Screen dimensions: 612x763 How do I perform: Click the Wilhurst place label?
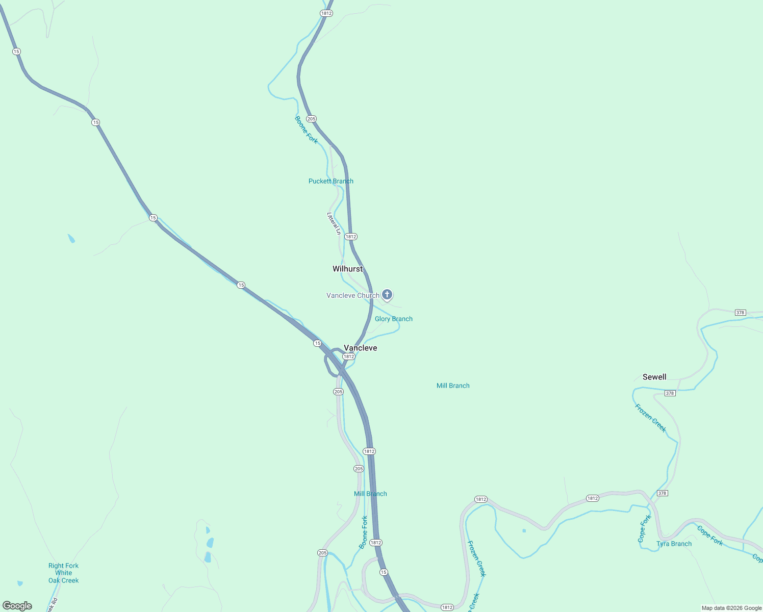point(347,269)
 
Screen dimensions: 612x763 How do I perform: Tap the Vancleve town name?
point(360,348)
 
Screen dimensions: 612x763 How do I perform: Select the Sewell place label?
point(654,377)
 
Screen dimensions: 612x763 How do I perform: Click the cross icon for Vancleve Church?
point(387,294)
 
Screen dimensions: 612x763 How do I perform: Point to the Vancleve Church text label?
point(352,295)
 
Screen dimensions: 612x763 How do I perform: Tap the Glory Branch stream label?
point(393,319)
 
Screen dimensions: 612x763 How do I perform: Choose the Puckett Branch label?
point(330,181)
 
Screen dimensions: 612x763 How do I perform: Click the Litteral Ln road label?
point(334,223)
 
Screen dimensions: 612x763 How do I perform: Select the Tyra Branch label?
point(674,544)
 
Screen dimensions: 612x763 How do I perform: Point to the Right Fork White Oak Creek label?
point(63,573)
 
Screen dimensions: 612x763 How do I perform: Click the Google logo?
point(17,606)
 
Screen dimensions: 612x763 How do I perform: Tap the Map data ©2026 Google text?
point(731,608)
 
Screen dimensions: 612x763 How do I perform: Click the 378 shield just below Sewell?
point(670,393)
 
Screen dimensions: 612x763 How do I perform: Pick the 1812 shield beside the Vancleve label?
point(348,356)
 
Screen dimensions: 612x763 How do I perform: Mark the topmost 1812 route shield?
point(326,13)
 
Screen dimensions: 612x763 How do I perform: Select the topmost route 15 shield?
point(16,52)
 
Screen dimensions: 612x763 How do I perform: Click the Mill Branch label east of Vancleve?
point(453,386)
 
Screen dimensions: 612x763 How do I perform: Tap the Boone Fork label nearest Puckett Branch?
point(306,130)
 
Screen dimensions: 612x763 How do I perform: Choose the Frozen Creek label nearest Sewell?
point(650,418)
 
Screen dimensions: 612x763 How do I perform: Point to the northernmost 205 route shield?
point(311,119)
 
